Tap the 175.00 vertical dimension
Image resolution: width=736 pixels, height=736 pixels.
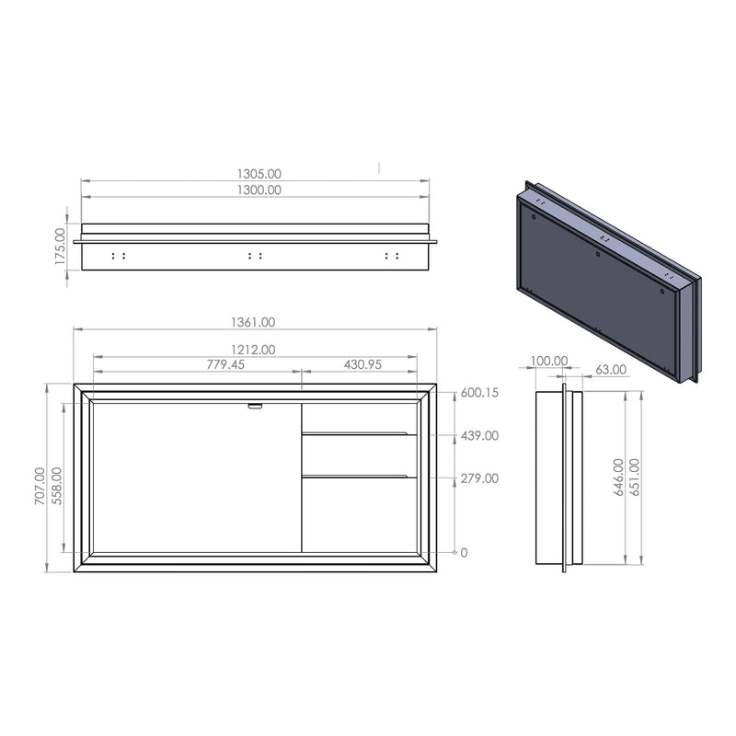click(x=61, y=247)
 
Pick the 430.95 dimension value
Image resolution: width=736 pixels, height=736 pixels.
click(x=362, y=364)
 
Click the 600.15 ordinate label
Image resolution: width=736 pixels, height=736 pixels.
click(x=478, y=393)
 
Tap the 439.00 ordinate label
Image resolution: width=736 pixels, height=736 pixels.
click(x=478, y=435)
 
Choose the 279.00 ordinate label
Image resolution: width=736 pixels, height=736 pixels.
click(x=478, y=477)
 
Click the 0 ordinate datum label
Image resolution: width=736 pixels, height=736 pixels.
click(x=464, y=552)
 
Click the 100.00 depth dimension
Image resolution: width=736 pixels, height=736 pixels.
click(x=549, y=361)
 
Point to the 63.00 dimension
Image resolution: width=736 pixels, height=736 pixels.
click(x=611, y=369)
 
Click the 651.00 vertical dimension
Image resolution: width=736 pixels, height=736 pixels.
click(x=636, y=478)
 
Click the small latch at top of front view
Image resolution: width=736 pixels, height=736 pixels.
click(x=255, y=405)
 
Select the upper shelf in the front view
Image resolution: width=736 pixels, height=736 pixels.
click(x=359, y=431)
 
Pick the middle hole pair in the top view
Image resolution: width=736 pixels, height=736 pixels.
click(x=256, y=255)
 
